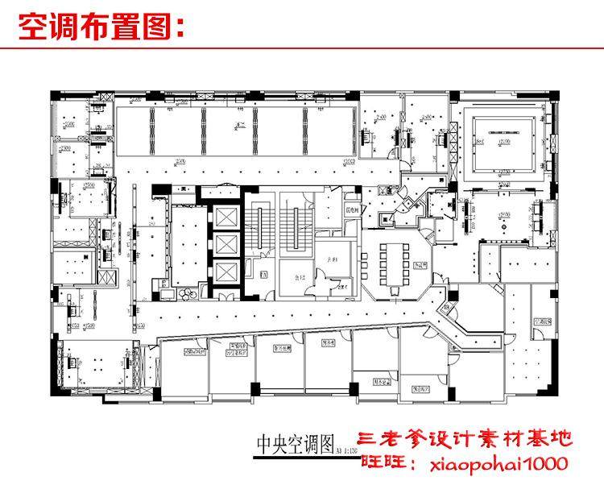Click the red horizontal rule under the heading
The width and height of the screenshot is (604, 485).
302,48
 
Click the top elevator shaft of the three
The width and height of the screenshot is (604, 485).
224,218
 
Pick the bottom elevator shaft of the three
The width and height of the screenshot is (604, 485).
224,273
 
